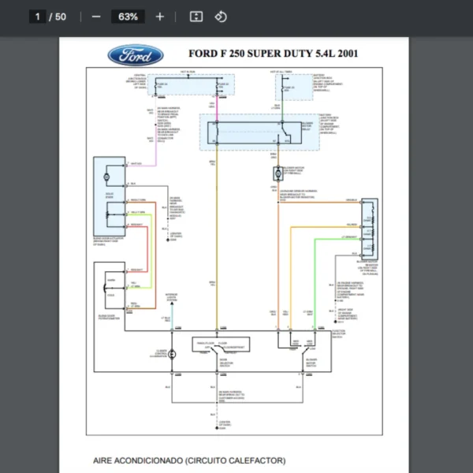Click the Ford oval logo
136,54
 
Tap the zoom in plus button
160,17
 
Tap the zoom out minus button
96,17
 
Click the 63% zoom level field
128,17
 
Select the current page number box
37,17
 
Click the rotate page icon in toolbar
221,17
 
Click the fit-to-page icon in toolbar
197,17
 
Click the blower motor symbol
278,172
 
